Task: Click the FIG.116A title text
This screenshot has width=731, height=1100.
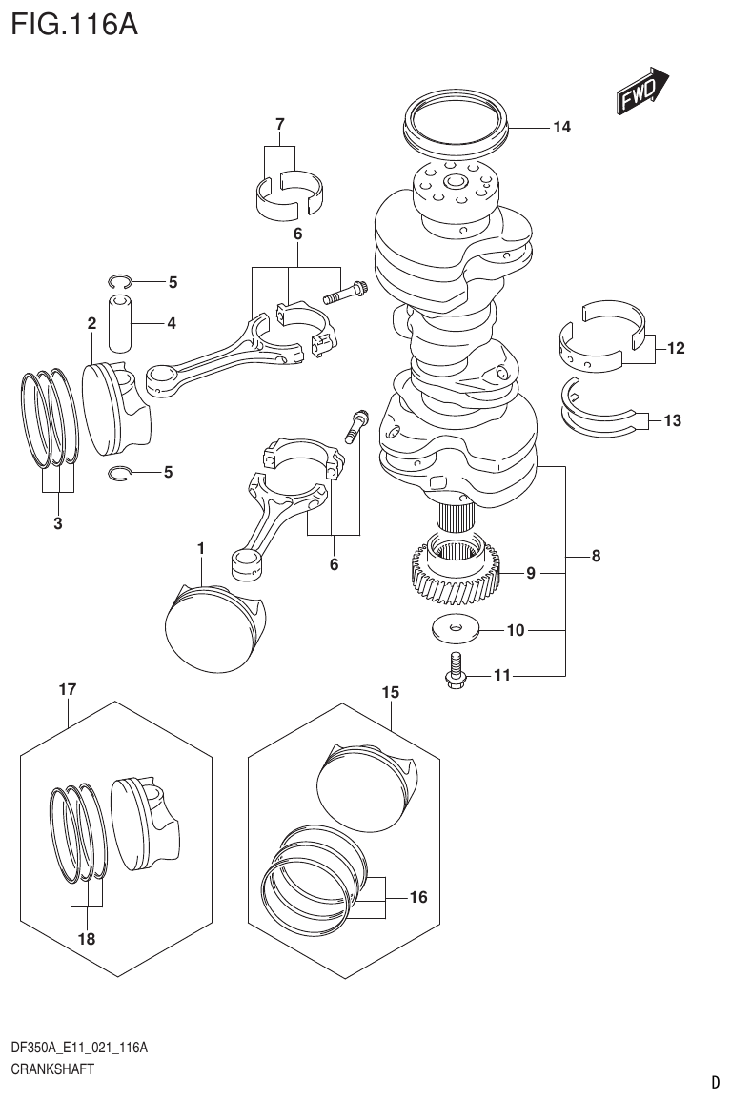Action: [x=74, y=23]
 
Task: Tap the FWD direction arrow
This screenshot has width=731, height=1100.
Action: [x=640, y=91]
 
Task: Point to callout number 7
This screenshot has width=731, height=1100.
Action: [x=279, y=124]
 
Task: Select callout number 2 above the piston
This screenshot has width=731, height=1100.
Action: [x=91, y=323]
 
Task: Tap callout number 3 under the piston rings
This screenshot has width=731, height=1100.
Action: [x=57, y=522]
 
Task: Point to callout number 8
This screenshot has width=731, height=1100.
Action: [x=596, y=557]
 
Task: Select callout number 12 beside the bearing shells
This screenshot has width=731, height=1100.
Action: [x=675, y=349]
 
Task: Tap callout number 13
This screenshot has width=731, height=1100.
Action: [x=672, y=419]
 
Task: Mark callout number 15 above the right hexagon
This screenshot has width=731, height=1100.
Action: [x=389, y=693]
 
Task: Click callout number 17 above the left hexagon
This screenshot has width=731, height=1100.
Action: [x=67, y=688]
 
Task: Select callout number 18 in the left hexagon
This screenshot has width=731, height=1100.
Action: [x=87, y=938]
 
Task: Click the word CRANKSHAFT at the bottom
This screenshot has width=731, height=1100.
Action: [x=52, y=1069]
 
